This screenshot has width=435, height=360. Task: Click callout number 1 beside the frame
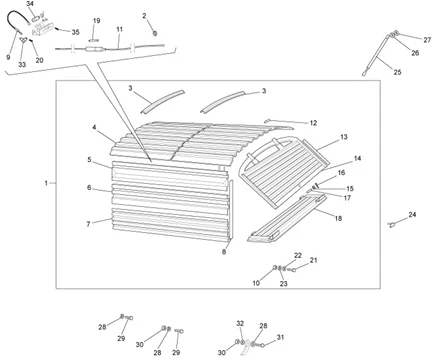pos(46,183)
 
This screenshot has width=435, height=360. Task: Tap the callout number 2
pos(144,16)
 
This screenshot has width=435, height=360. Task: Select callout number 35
pos(76,32)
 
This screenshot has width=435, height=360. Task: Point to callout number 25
pos(397,72)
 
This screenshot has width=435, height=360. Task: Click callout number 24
pos(412,215)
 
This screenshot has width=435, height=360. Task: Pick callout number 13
pos(344,137)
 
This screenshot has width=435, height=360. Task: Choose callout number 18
pos(338,218)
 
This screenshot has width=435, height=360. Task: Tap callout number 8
pos(224,252)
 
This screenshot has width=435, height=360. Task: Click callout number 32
pos(240,323)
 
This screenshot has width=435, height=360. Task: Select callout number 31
pos(280,337)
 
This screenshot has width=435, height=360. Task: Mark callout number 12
pos(313,123)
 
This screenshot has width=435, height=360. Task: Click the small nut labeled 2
pos(155,33)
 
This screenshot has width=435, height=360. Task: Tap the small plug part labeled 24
pos(392,225)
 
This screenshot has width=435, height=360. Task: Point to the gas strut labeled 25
pos(377,55)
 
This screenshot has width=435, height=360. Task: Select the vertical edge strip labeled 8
pos(231,210)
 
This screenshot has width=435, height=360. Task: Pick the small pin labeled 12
pos(267,121)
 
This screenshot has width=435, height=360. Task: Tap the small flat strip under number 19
pos(95,38)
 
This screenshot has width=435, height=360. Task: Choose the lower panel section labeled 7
pos(171,223)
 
